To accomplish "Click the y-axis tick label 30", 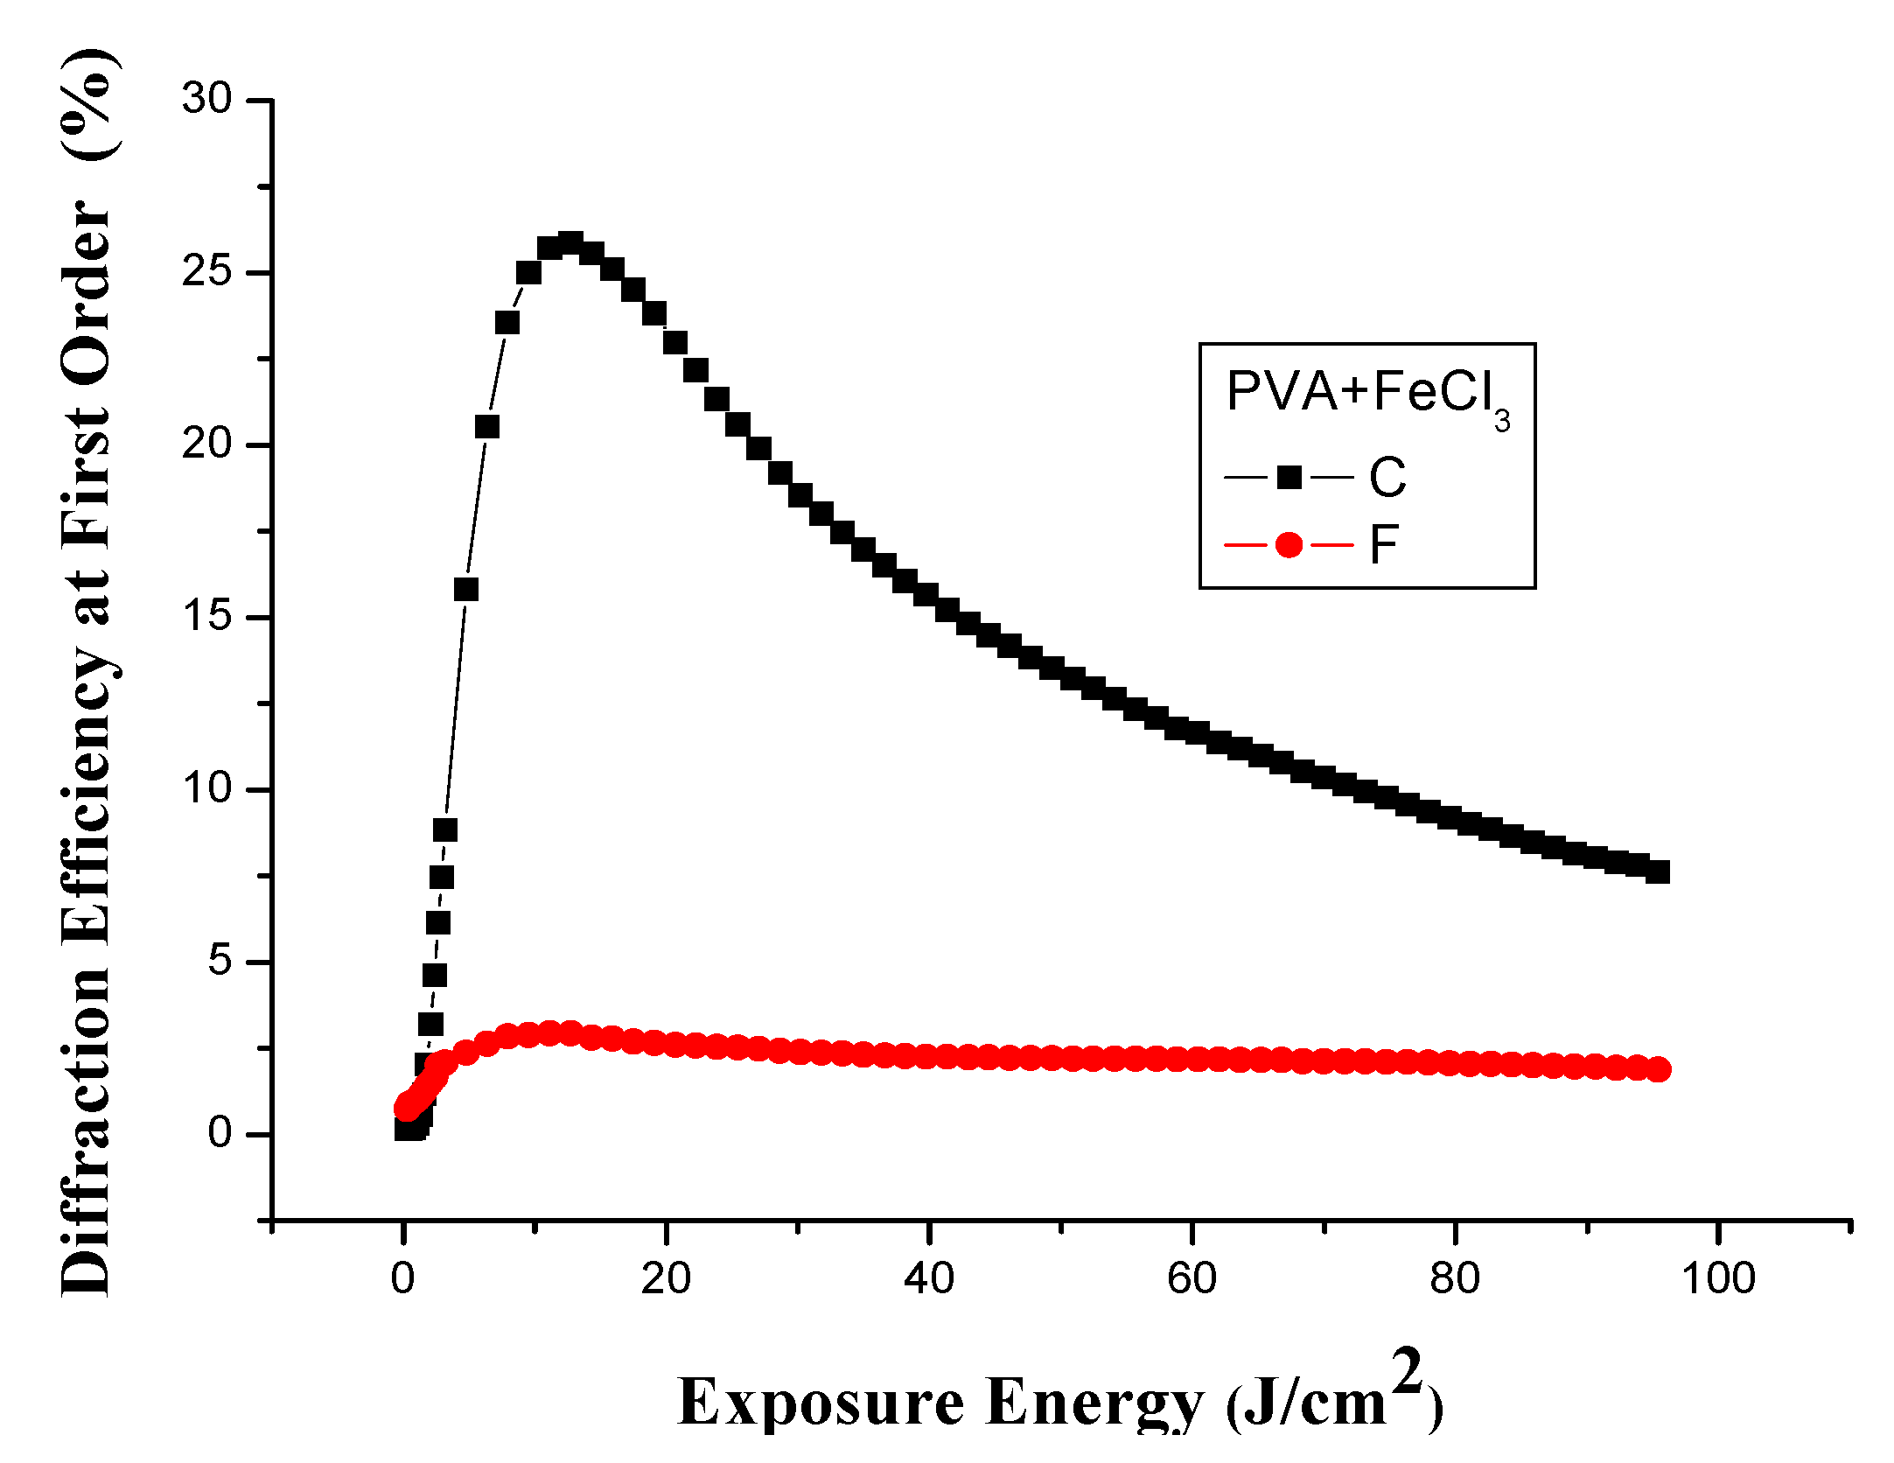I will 206,99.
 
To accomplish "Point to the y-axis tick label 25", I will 206,271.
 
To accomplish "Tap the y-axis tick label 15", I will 206,616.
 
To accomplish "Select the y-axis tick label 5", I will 220,961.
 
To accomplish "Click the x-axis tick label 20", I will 666,1279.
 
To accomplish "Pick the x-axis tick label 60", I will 1192,1279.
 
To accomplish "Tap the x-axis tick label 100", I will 1718,1279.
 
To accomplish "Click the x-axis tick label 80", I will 1455,1279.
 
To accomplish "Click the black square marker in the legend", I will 1289,478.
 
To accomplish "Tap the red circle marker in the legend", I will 1289,545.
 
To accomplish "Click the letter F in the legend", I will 1384,545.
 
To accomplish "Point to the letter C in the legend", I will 1387,478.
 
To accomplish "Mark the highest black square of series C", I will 570,244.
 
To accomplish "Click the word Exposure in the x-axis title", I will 821,1403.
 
